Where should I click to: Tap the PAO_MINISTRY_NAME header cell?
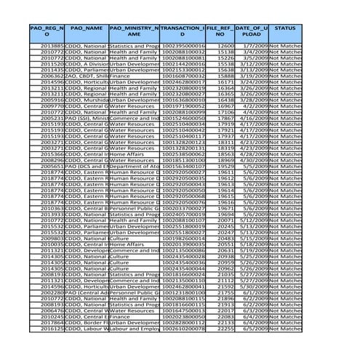[x=134, y=30]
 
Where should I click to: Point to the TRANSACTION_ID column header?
[x=182, y=30]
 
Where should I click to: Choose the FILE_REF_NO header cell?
[x=219, y=30]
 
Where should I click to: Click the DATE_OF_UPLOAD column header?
[x=252, y=30]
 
